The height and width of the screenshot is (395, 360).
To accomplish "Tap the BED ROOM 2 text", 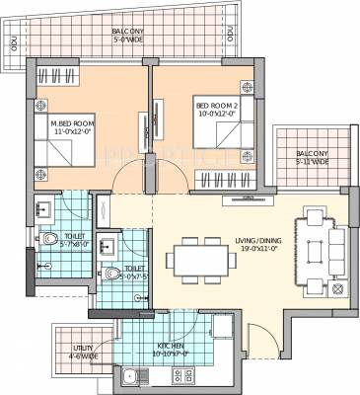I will (x=216, y=110).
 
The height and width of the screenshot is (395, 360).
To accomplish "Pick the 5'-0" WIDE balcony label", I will (x=130, y=38).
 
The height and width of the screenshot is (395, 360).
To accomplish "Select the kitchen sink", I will (x=129, y=375).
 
